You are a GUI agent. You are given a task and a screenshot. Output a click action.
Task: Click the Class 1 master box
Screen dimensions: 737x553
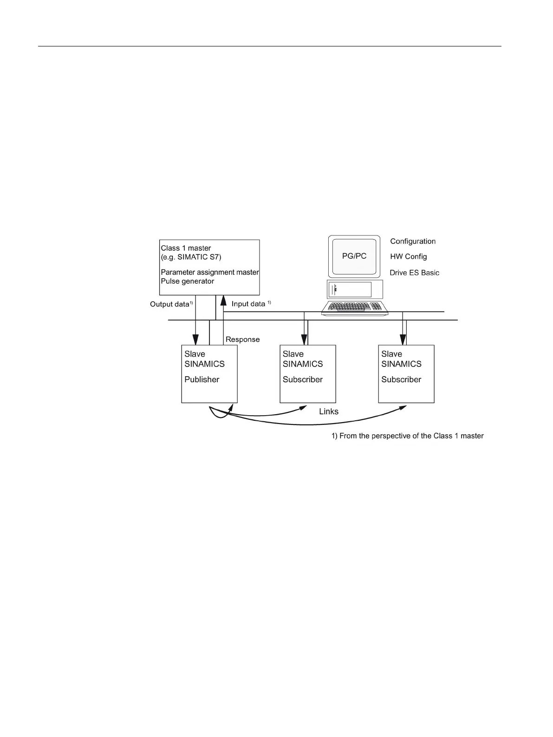click(x=209, y=267)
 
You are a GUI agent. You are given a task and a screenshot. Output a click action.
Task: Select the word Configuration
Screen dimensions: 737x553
click(x=413, y=241)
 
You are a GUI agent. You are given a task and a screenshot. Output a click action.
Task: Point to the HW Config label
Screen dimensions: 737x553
click(x=409, y=257)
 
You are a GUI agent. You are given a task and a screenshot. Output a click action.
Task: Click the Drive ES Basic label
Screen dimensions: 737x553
click(x=414, y=273)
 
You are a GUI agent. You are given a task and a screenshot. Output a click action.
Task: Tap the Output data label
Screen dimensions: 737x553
click(x=170, y=305)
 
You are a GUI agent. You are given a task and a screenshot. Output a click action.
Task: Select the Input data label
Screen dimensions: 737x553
click(x=248, y=304)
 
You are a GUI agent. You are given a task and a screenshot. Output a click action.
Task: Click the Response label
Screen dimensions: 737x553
click(x=242, y=340)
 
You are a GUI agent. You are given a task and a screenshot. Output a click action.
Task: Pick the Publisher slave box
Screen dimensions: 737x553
click(x=209, y=374)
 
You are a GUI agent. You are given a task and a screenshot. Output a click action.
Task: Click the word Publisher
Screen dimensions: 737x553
click(x=202, y=380)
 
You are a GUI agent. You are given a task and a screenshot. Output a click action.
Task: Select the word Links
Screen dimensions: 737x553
click(x=329, y=412)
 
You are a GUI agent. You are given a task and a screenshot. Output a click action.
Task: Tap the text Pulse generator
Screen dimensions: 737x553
click(x=188, y=281)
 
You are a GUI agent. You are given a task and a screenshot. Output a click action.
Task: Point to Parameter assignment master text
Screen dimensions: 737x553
click(x=210, y=273)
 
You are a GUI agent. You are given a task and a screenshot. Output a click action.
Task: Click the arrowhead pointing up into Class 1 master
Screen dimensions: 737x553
click(x=223, y=300)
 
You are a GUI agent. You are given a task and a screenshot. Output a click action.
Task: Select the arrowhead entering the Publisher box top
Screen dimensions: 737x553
click(x=195, y=340)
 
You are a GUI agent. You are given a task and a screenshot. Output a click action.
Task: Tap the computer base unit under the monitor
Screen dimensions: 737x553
click(x=354, y=289)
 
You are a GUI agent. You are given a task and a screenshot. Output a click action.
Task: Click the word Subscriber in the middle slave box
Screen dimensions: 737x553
click(x=303, y=380)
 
